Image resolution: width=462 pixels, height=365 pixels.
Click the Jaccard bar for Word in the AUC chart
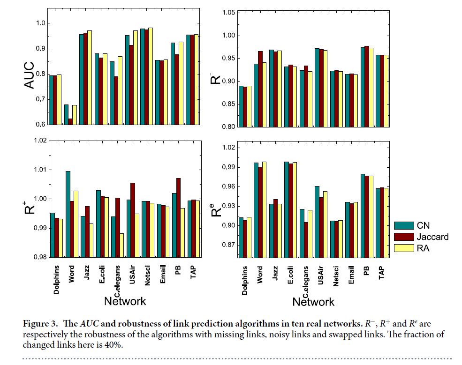click(x=71, y=122)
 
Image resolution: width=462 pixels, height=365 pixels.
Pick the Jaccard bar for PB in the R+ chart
click(x=178, y=217)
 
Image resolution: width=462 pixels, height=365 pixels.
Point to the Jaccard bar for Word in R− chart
click(x=260, y=89)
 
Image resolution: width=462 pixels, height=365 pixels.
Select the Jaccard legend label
click(x=432, y=237)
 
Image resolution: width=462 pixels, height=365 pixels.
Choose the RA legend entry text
click(x=423, y=248)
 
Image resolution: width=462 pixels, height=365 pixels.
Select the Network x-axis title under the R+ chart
click(x=125, y=301)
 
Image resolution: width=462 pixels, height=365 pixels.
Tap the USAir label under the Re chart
click(x=321, y=276)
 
